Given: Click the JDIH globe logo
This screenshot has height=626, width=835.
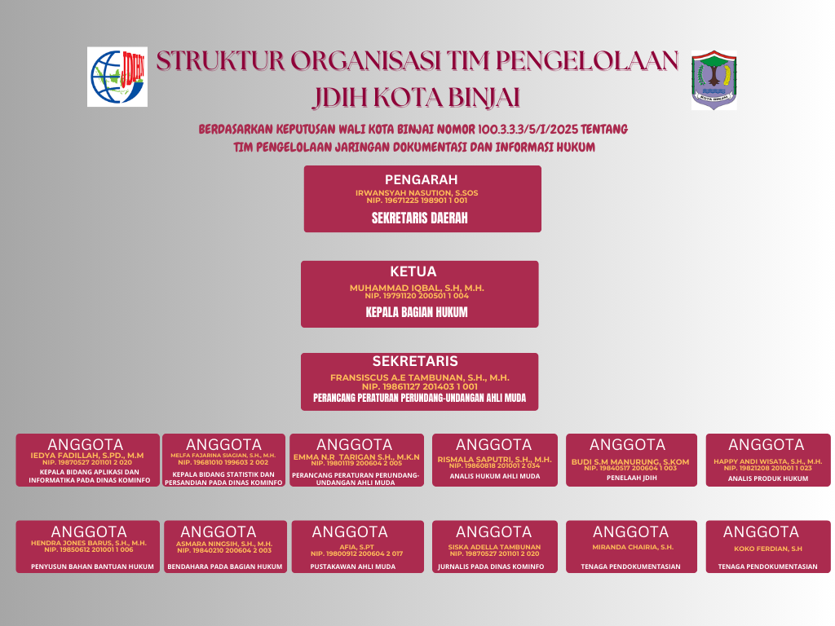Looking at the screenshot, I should (117, 77).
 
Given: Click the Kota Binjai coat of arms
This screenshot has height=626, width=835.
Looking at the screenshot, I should (714, 79).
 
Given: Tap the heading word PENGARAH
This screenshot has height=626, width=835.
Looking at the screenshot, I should (421, 180).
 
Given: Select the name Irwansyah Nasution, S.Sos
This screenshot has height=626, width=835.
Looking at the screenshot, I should (417, 193).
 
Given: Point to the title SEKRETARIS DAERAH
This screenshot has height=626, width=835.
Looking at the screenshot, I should (419, 218).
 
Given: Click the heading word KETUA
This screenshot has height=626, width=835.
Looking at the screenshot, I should (413, 272).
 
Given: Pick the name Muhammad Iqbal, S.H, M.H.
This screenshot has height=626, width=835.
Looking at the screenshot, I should (417, 289).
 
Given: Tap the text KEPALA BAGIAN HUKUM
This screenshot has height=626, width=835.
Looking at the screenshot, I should (417, 312).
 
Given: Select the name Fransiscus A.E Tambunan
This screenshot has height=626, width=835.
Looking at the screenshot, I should (419, 378).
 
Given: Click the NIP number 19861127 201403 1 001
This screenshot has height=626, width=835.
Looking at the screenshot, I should (419, 387).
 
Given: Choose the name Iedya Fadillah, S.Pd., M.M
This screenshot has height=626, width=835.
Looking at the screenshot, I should (86, 456).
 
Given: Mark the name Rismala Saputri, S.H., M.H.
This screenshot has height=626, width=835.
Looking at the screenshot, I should (494, 460).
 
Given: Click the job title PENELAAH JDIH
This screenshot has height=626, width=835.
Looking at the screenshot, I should (631, 478).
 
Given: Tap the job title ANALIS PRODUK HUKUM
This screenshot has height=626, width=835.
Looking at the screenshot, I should (768, 478).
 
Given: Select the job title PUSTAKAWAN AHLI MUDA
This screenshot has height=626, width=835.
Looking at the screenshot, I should (352, 566).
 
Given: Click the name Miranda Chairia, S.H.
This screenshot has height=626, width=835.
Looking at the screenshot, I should (633, 547).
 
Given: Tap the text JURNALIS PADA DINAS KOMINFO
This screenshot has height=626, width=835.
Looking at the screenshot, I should (491, 566).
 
